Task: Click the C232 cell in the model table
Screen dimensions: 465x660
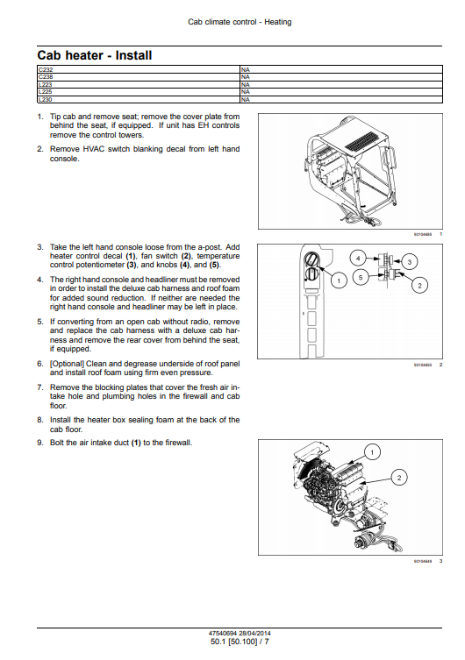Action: [x=139, y=69]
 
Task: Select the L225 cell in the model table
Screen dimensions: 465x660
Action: [x=139, y=92]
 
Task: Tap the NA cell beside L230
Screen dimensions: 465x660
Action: [x=341, y=99]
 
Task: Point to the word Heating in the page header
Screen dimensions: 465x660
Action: [x=277, y=22]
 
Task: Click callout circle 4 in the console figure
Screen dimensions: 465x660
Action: [x=358, y=258]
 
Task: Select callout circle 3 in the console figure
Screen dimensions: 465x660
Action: [x=410, y=262]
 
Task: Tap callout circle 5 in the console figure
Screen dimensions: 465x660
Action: [x=361, y=277]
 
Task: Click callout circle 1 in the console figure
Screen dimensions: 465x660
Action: [x=339, y=280]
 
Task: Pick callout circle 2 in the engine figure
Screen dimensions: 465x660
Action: [x=399, y=478]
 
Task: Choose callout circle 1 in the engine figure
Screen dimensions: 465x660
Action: [x=372, y=452]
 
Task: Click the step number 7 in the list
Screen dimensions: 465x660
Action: [x=39, y=387]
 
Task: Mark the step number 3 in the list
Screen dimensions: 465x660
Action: [x=39, y=247]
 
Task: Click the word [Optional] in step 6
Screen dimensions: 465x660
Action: [x=67, y=364]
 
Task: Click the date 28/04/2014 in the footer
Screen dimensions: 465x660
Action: [x=254, y=633]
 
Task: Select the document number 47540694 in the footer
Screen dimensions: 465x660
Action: [x=223, y=633]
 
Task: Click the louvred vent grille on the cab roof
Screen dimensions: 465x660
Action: [x=361, y=142]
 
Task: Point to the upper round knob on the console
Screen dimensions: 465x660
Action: [x=311, y=259]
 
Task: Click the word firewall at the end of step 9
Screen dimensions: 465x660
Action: [x=178, y=443]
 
